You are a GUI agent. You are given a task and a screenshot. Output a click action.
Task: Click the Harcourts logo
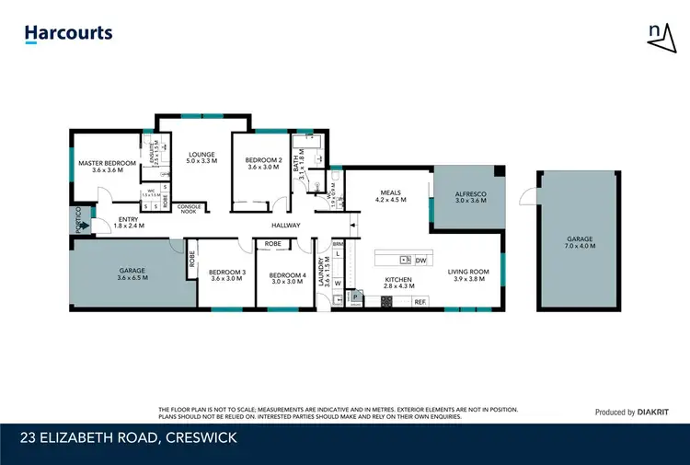point(68,33)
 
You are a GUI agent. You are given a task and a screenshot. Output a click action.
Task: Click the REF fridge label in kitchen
point(420,301)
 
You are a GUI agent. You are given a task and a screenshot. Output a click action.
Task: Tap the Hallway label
point(286,225)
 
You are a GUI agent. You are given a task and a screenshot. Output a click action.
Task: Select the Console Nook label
point(189,208)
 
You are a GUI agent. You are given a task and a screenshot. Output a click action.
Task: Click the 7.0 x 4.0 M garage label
point(581,243)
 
